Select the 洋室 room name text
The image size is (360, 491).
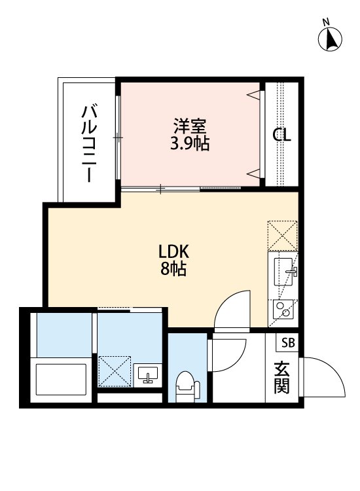tap(190, 125)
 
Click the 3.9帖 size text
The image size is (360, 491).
tap(190, 143)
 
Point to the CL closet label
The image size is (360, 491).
tap(282, 136)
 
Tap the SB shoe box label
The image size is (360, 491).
tap(288, 342)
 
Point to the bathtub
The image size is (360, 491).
tap(60, 380)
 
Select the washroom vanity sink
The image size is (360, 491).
tap(148, 375)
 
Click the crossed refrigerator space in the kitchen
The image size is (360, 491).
tap(283, 235)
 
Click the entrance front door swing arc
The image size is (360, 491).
tap(324, 376)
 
